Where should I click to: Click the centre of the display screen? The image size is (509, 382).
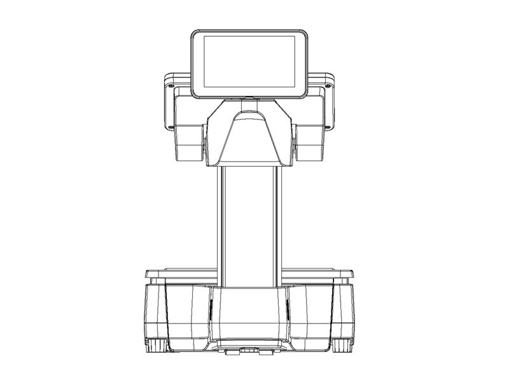(x=249, y=63)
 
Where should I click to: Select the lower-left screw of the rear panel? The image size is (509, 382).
(x=171, y=126)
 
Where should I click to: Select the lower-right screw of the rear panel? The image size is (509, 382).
(x=328, y=126)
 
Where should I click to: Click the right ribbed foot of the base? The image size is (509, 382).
(x=343, y=345)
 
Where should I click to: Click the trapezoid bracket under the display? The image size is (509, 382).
(x=249, y=137)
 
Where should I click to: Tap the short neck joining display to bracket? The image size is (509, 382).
(x=249, y=99)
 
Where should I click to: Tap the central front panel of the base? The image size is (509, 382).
(x=249, y=315)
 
